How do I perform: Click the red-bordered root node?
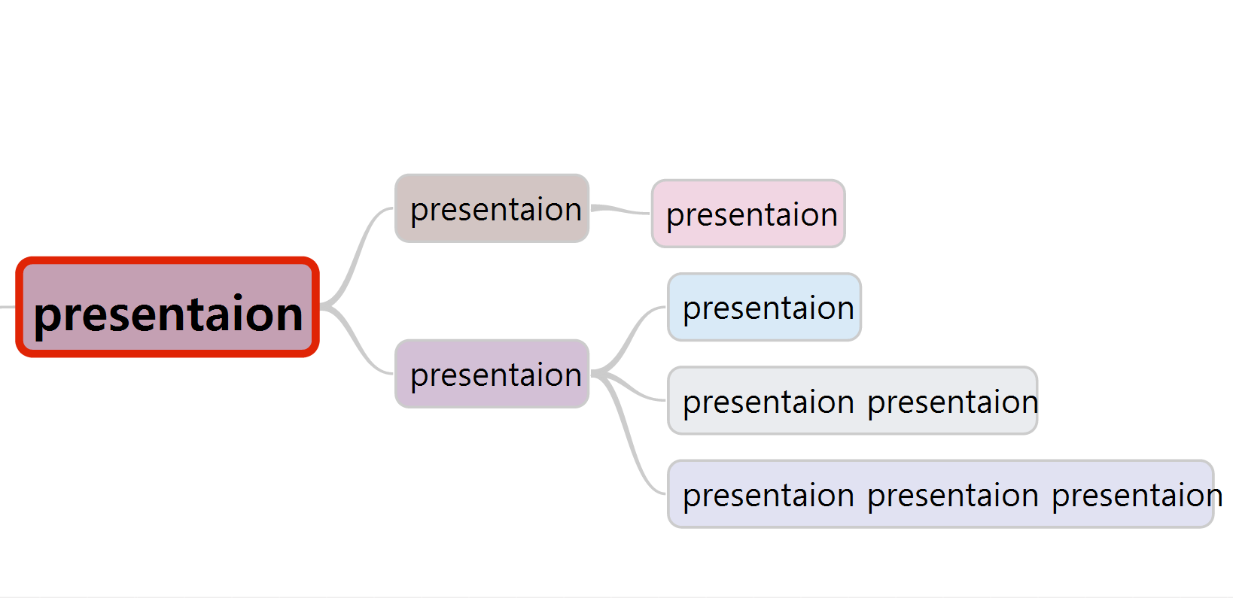[x=167, y=307]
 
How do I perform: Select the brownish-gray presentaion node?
[x=492, y=208]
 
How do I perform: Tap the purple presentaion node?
[x=492, y=374]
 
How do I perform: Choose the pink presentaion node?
[x=748, y=214]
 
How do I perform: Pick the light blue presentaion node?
[x=764, y=307]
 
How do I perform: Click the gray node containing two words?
[x=852, y=400]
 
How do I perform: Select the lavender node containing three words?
[x=940, y=493]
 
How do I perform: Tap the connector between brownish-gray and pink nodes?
[x=620, y=210]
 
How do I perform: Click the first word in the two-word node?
[x=768, y=402]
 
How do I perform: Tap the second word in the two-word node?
[x=952, y=402]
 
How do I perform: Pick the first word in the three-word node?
[x=768, y=495]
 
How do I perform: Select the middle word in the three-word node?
[x=952, y=495]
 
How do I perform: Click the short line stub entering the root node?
[x=7, y=307]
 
